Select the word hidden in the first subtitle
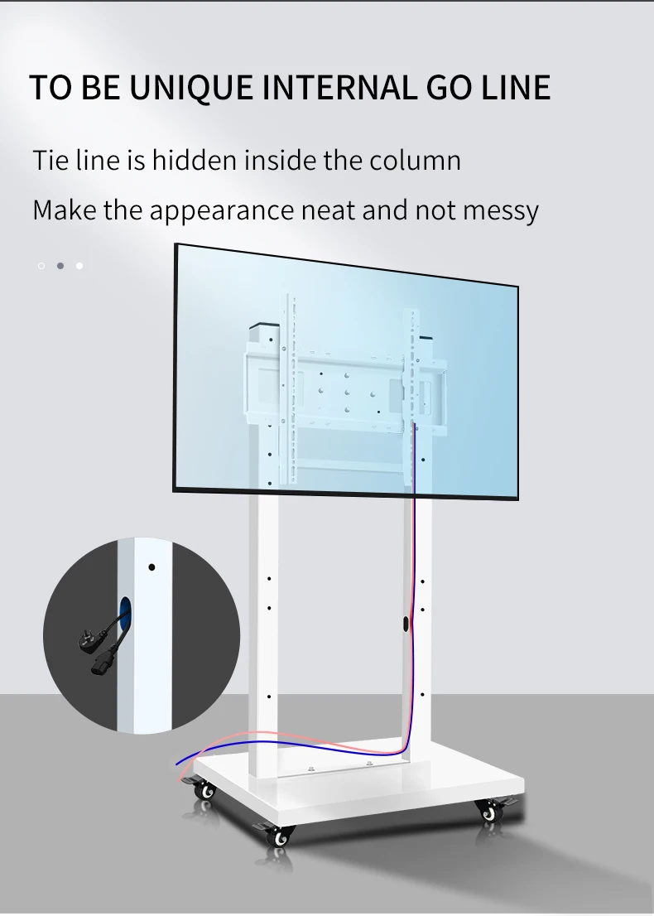point(192,160)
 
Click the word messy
point(500,210)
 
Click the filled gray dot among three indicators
point(60,266)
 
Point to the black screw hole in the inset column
point(151,568)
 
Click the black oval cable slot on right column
point(406,624)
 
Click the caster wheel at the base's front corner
point(280,836)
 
